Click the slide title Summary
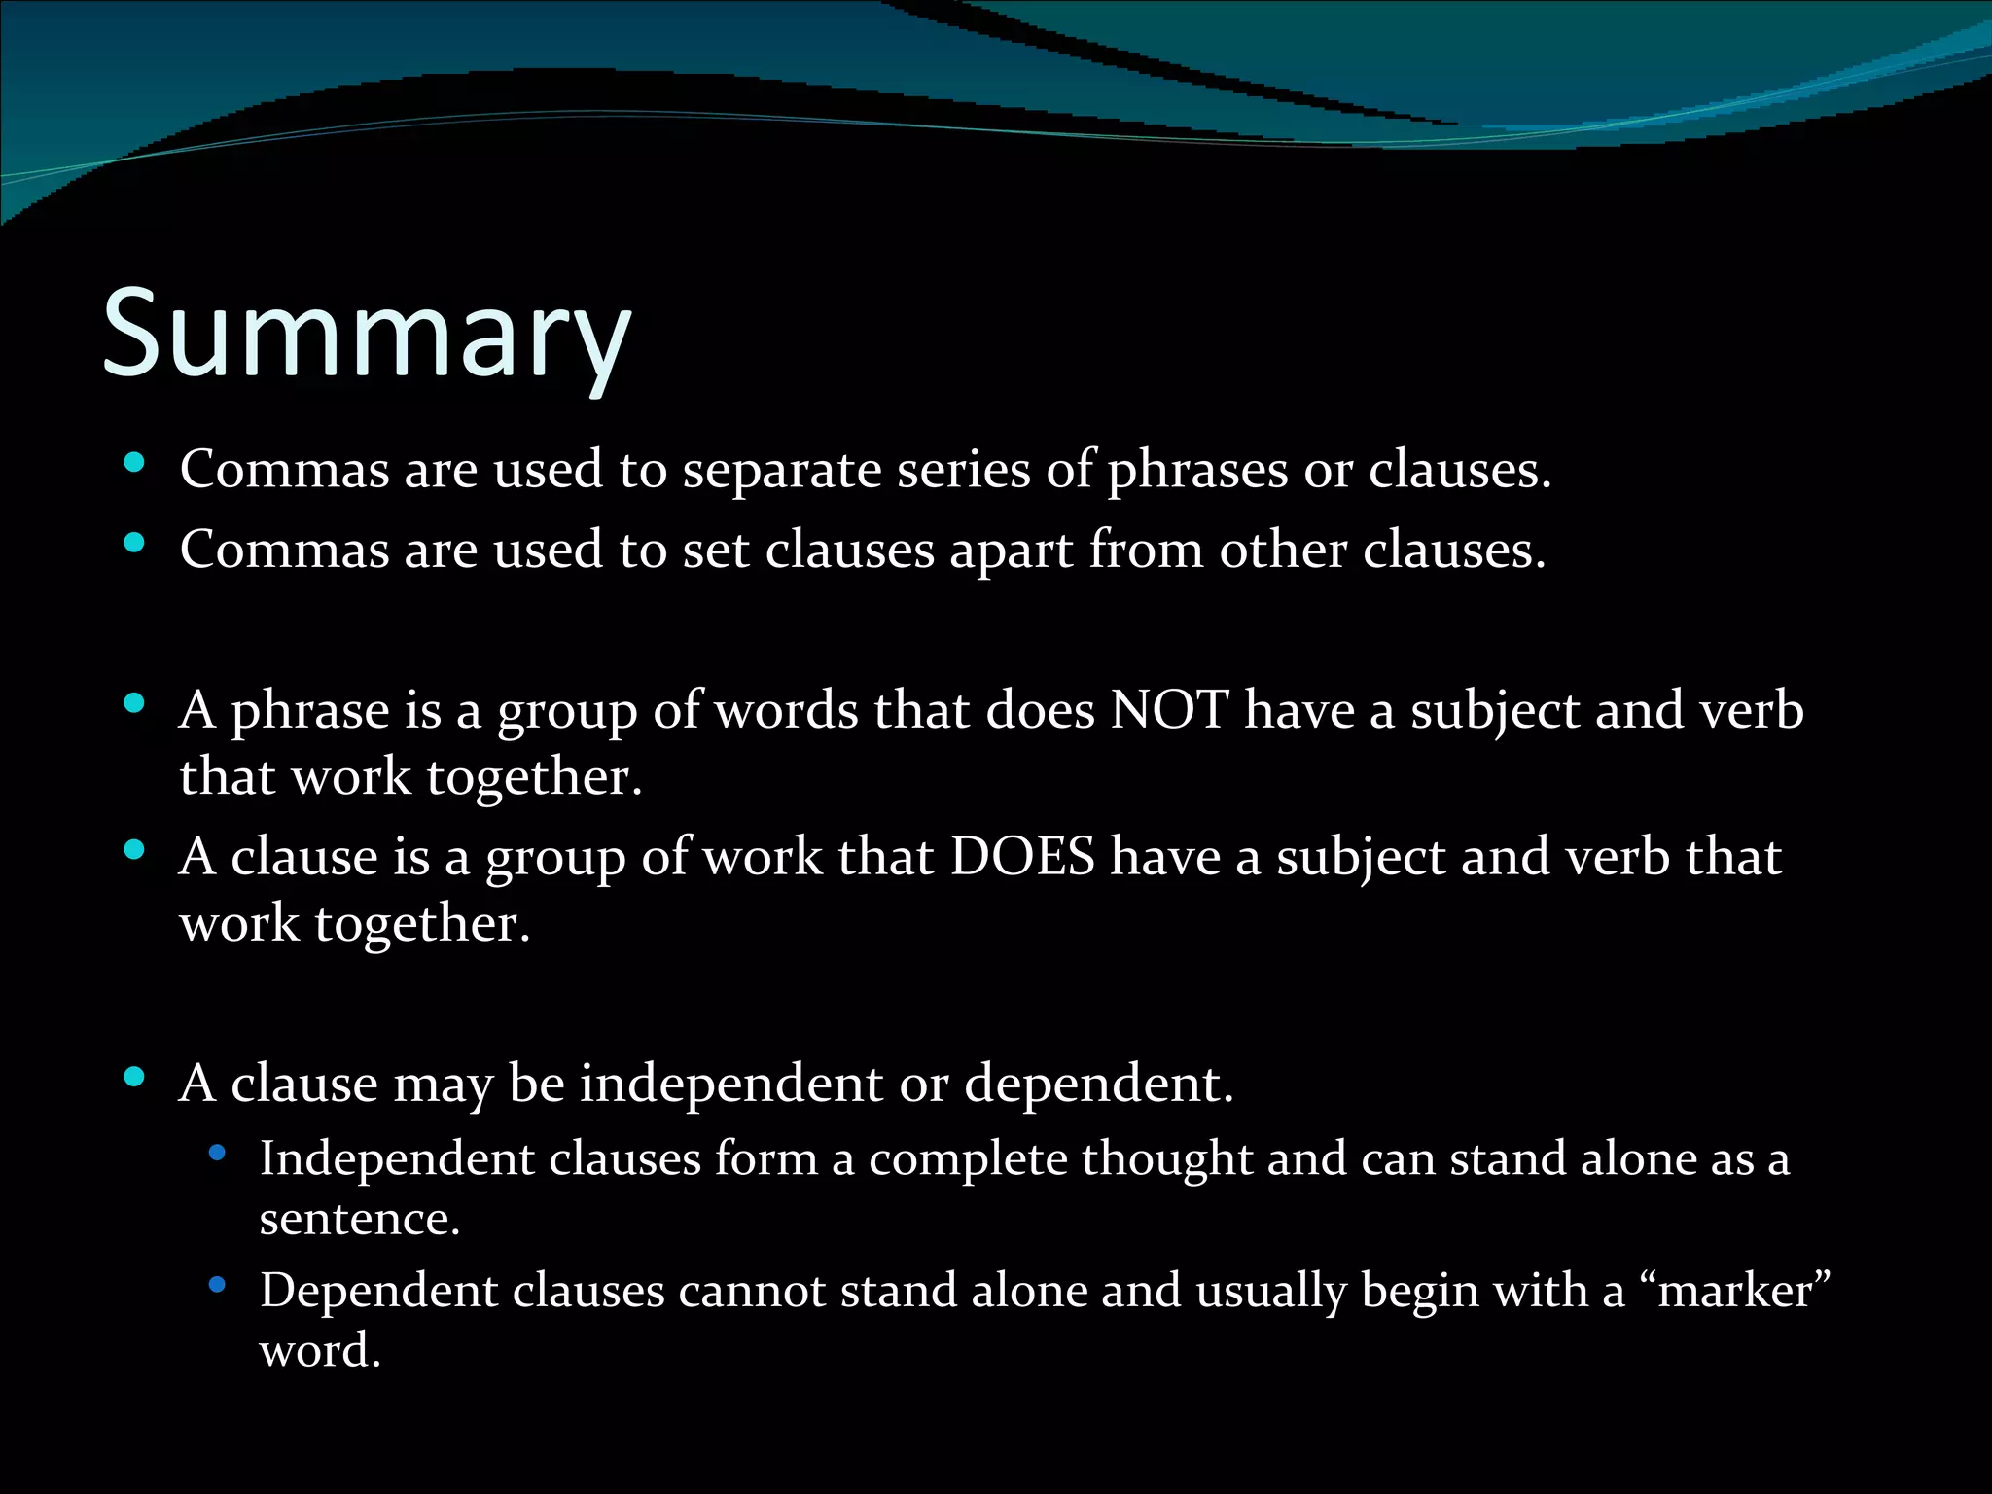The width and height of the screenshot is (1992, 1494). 367,334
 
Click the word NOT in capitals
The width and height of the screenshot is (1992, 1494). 1170,710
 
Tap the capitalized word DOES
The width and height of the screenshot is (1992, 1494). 1022,857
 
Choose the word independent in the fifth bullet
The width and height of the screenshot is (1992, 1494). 731,1083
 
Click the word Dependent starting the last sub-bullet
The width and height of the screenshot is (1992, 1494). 378,1291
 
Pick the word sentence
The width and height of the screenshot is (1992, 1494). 359,1219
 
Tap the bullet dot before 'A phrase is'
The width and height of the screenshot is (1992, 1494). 135,702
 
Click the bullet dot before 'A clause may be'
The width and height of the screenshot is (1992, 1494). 135,1076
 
